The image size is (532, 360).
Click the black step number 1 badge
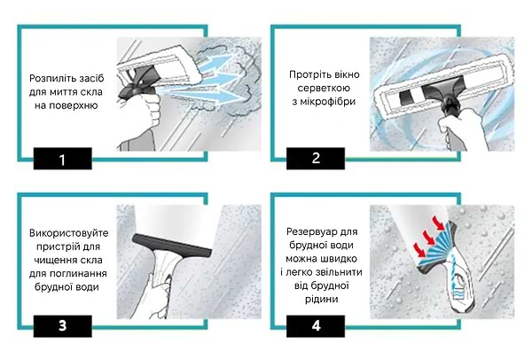point(62,159)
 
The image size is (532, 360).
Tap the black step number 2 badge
point(316,159)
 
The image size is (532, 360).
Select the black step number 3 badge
point(62,326)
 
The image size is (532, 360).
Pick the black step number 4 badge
point(316,326)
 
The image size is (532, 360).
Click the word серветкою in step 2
point(324,88)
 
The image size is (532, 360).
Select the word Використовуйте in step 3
point(68,233)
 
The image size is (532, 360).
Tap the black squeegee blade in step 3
point(172,246)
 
